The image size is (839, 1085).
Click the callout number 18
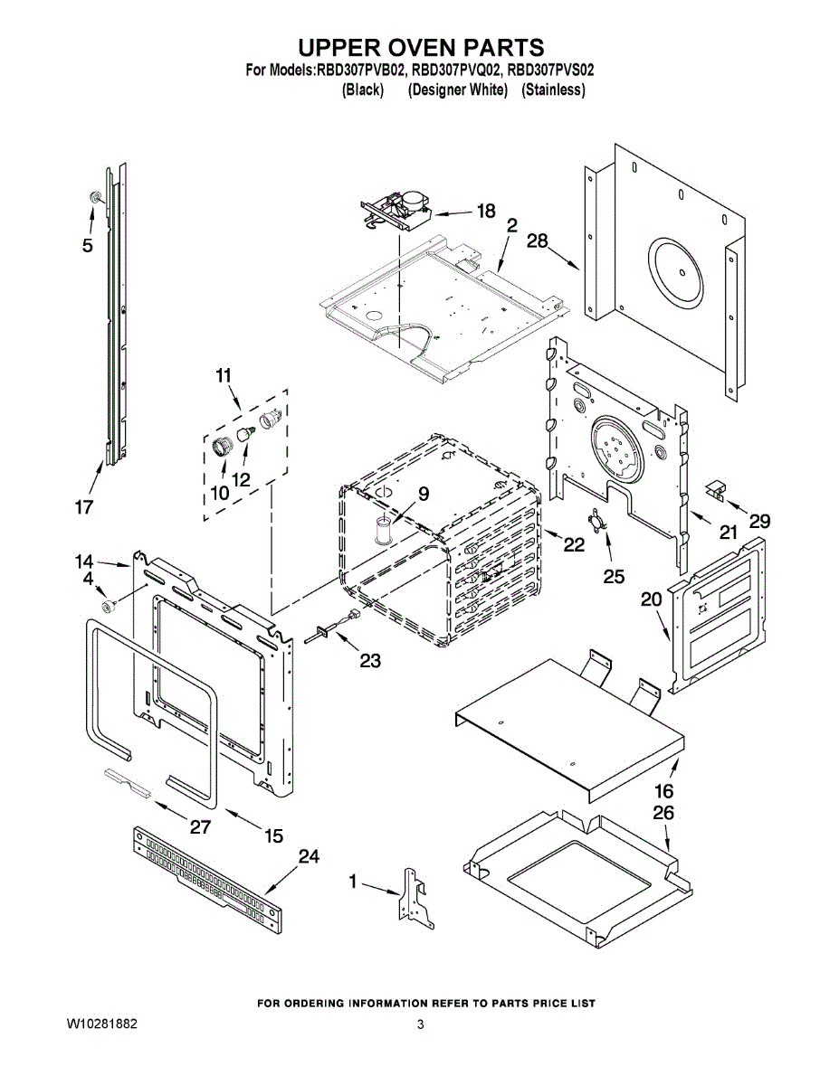486,211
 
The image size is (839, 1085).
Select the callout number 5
87,244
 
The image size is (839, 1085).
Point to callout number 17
83,507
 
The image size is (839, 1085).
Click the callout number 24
309,856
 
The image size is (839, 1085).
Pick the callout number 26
663,813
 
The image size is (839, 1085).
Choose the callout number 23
369,660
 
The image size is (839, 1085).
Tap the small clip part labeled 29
717,489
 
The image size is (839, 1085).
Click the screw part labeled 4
108,605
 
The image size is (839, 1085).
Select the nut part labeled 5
94,197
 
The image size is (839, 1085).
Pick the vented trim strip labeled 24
205,872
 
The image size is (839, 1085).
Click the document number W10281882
101,1024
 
